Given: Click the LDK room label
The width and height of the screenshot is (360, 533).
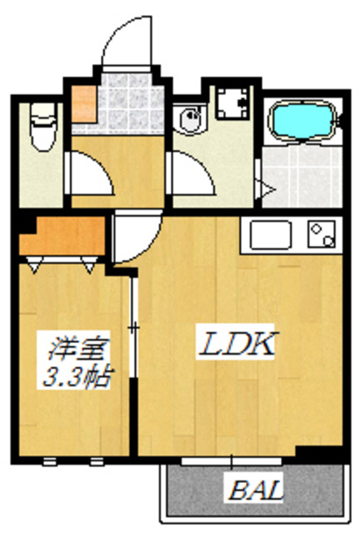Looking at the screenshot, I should click(x=235, y=343).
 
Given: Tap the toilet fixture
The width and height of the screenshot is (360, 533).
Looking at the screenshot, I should click(x=40, y=127).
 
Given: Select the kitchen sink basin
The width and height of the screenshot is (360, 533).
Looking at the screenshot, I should click(x=269, y=236).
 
